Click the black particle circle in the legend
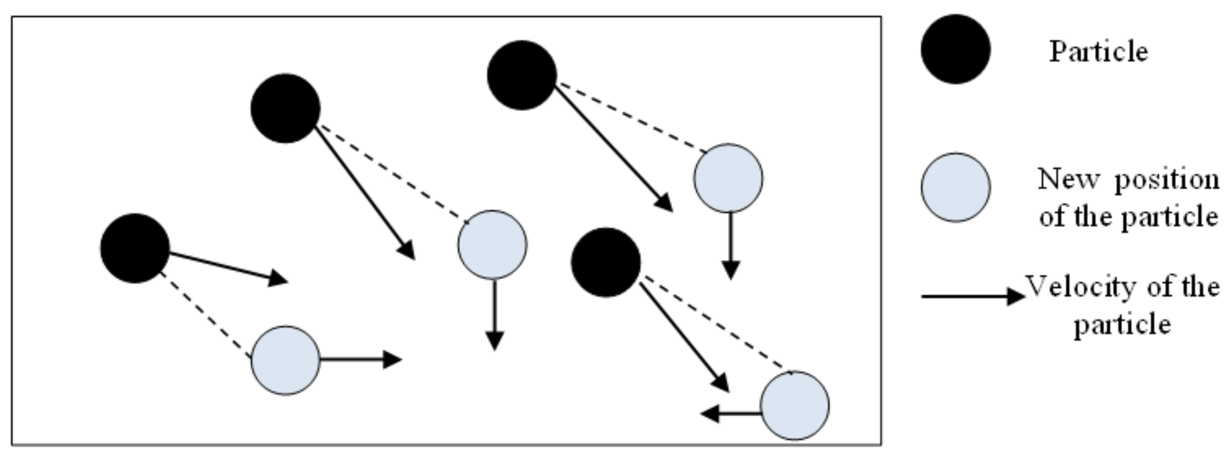(956, 49)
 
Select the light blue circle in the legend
(956, 187)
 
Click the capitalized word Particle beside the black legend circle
(1099, 52)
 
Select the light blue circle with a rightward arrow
(286, 360)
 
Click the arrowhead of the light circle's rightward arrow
(392, 359)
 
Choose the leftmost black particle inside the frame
(135, 248)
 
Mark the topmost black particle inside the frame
(522, 75)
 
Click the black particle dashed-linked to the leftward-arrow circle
(605, 262)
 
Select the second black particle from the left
(286, 108)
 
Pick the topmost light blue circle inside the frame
(728, 178)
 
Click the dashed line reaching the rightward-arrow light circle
(206, 316)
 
